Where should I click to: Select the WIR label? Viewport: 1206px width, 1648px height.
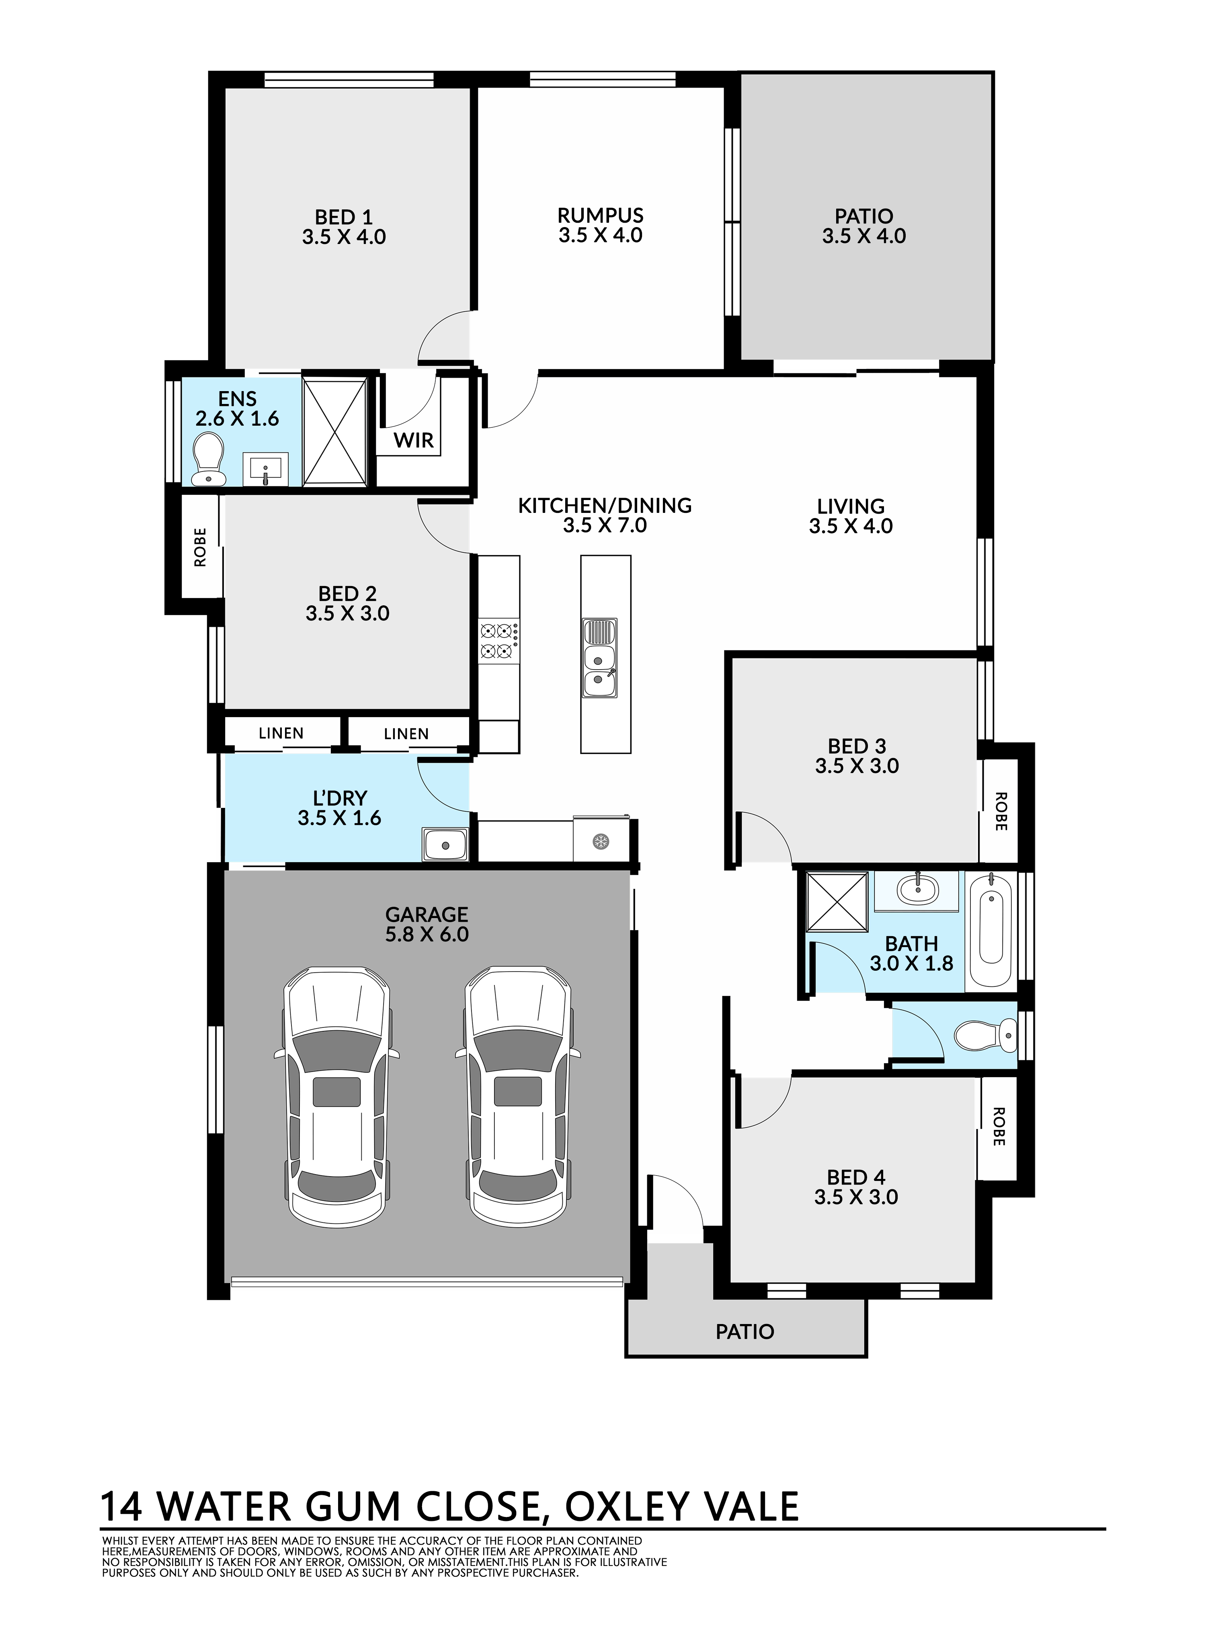point(414,440)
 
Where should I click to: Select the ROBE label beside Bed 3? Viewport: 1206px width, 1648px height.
point(1001,812)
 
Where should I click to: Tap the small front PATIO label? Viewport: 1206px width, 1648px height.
point(745,1332)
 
